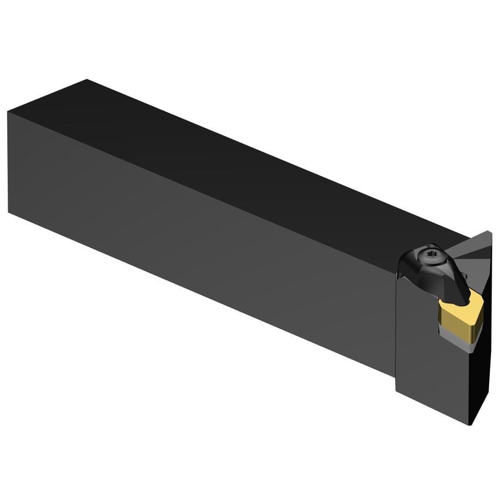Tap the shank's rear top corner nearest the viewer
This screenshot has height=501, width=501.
[8, 111]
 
